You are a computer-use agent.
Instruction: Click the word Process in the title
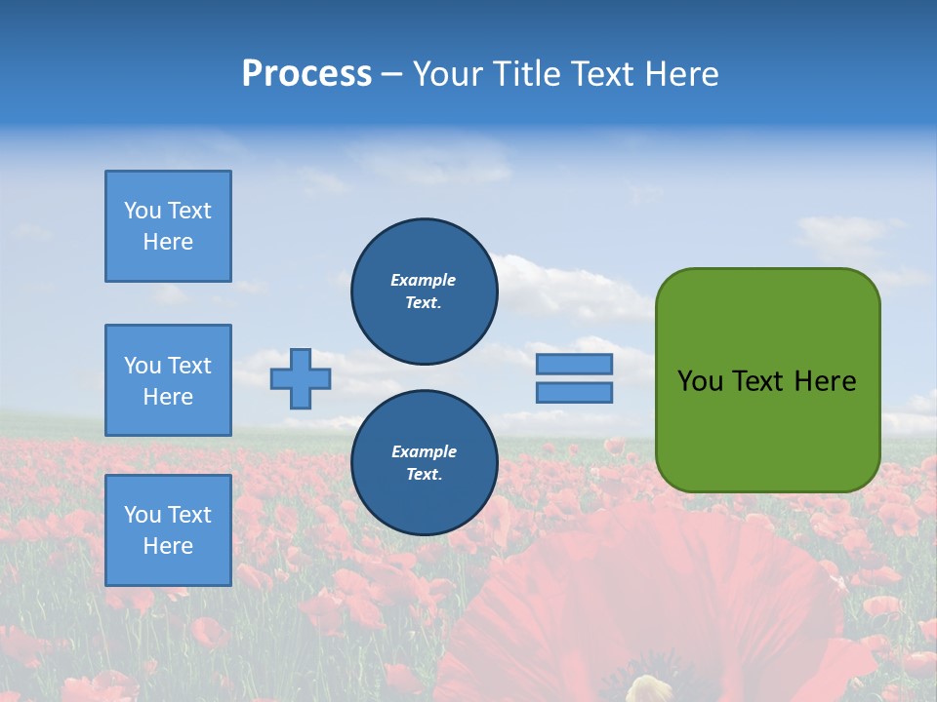point(306,74)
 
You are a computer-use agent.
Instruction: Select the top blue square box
point(168,226)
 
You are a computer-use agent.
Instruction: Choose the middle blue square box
point(168,380)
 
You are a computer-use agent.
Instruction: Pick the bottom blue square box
point(168,529)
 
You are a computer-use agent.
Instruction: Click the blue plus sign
point(301,378)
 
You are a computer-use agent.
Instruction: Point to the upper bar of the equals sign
point(574,365)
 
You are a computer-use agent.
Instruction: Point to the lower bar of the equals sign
point(574,393)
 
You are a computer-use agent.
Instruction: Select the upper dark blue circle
point(424,291)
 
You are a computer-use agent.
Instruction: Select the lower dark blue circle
point(424,463)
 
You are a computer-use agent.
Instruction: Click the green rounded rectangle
point(767,429)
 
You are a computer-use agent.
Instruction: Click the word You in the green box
point(699,381)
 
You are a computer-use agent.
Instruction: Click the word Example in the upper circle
point(424,280)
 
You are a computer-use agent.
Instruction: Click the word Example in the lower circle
point(424,451)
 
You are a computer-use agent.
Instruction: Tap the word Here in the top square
point(168,242)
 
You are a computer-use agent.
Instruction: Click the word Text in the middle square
point(189,366)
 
